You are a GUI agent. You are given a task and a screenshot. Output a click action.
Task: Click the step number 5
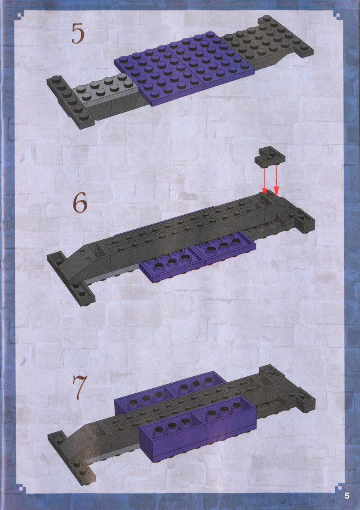coord(78,34)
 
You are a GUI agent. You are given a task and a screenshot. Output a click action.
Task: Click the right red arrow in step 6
coord(276,181)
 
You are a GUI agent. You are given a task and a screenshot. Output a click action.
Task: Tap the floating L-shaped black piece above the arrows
coord(271,157)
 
